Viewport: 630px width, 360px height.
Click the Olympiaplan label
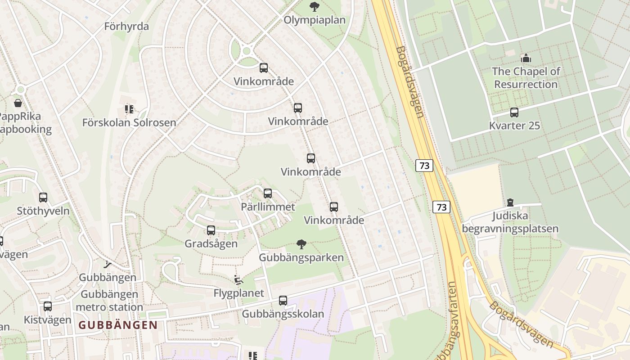314,20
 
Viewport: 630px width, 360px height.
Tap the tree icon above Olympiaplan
314,6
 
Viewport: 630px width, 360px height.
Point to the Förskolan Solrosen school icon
129,109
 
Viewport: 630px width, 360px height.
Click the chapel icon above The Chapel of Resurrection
526,58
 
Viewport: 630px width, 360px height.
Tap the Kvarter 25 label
514,126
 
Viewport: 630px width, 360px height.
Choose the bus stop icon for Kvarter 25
514,112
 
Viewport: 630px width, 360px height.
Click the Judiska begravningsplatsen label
510,222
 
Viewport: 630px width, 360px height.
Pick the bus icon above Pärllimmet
268,193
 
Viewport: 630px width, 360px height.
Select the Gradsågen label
211,244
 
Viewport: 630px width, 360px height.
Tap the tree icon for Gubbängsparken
301,244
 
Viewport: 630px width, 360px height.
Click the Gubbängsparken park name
301,258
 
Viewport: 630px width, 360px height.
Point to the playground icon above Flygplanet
238,280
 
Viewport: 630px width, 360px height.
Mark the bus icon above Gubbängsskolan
283,300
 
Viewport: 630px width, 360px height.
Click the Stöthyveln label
43,211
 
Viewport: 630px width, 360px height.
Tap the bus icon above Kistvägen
48,306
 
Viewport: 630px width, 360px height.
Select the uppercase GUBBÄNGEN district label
118,325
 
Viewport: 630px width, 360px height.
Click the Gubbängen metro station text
109,301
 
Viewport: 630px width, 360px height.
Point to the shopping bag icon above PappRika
18,103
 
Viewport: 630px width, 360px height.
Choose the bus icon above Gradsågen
211,230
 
